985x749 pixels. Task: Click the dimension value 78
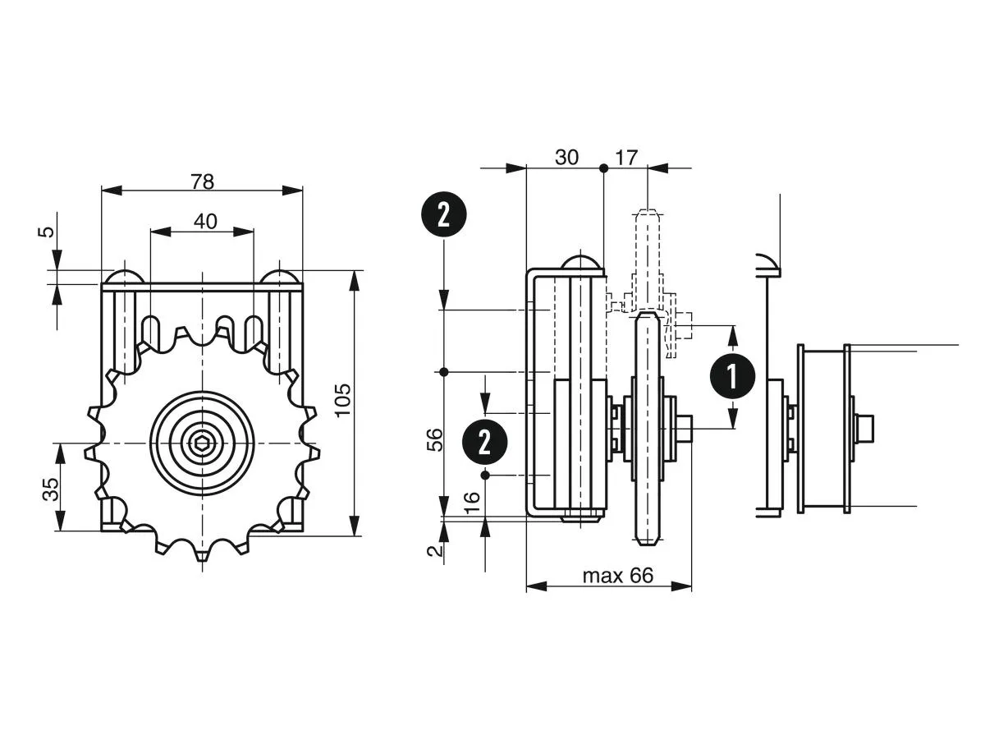pyautogui.click(x=202, y=182)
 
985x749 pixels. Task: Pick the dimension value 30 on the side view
pyautogui.click(x=566, y=158)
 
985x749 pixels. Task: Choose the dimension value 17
pyautogui.click(x=625, y=158)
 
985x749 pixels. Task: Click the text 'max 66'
pyautogui.click(x=617, y=576)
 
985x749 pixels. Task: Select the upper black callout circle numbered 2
pyautogui.click(x=443, y=216)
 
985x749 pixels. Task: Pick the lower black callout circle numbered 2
pyautogui.click(x=484, y=443)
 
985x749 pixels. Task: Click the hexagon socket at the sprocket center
pyautogui.click(x=202, y=444)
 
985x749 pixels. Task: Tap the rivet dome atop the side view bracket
pyautogui.click(x=580, y=262)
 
